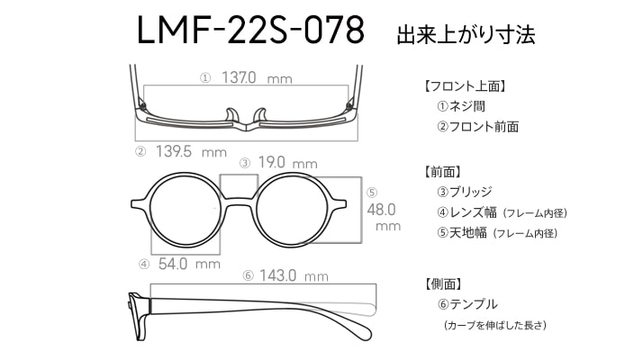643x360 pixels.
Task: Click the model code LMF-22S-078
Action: (x=250, y=30)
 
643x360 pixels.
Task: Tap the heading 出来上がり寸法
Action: (x=466, y=35)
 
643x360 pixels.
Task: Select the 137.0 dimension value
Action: (x=239, y=77)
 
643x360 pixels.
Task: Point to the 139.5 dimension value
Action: (x=174, y=151)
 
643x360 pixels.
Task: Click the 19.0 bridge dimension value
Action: (x=271, y=162)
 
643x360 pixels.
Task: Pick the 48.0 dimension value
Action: (x=381, y=210)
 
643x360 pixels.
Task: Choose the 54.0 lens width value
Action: (x=173, y=264)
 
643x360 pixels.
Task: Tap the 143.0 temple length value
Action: (x=277, y=275)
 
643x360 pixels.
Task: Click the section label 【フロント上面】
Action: (x=465, y=86)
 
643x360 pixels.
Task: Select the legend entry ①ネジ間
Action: (x=461, y=106)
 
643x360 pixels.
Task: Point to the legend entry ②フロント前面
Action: (x=477, y=127)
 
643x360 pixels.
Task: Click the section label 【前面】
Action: (x=442, y=172)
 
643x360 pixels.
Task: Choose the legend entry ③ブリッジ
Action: (x=464, y=192)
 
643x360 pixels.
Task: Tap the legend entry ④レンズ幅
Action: (x=466, y=212)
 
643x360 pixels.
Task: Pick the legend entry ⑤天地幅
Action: (x=462, y=233)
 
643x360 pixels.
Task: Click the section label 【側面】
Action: (x=443, y=283)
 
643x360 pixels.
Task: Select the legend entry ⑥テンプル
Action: (x=467, y=304)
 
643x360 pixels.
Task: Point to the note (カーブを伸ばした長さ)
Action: (x=494, y=325)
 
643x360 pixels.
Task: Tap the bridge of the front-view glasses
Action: (x=239, y=202)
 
